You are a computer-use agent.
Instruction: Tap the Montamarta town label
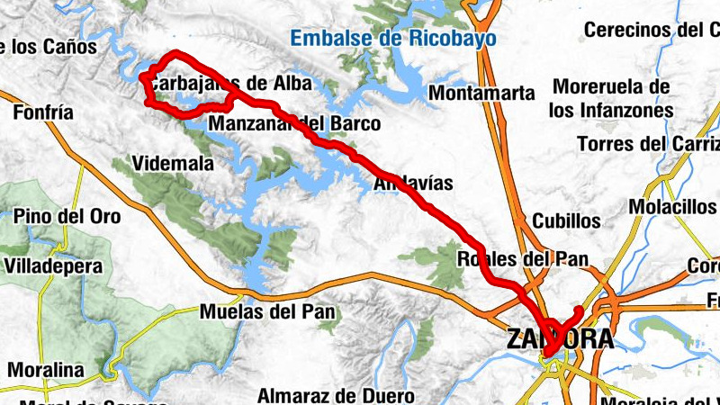pyautogui.click(x=482, y=93)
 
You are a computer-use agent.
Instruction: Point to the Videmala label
pyautogui.click(x=173, y=164)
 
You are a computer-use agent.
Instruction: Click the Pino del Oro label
pyautogui.click(x=67, y=217)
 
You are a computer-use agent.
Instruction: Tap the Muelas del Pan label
pyautogui.click(x=269, y=312)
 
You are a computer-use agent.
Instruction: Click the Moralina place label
pyautogui.click(x=45, y=369)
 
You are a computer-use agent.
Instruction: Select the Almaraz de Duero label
pyautogui.click(x=335, y=394)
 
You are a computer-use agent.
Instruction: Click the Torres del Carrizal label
pyautogui.click(x=648, y=144)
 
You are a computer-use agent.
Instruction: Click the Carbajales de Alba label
pyautogui.click(x=230, y=84)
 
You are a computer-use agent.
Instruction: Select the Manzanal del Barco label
pyautogui.click(x=295, y=123)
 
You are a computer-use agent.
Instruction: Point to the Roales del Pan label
pyautogui.click(x=523, y=259)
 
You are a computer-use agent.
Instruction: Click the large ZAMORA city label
pyautogui.click(x=560, y=338)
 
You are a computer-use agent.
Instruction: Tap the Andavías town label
pyautogui.click(x=413, y=184)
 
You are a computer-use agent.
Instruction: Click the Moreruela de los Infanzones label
pyautogui.click(x=612, y=99)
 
